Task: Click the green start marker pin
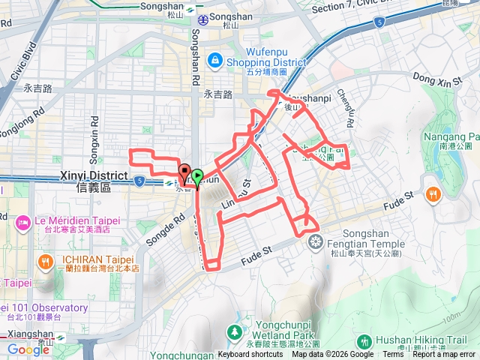(197, 177)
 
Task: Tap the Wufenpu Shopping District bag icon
(214, 58)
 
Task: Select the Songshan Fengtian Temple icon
(316, 241)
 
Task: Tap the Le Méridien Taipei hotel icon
(23, 222)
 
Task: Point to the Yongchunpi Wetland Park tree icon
(235, 331)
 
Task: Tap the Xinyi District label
(85, 179)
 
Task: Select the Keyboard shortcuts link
(250, 355)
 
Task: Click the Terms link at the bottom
(393, 355)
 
